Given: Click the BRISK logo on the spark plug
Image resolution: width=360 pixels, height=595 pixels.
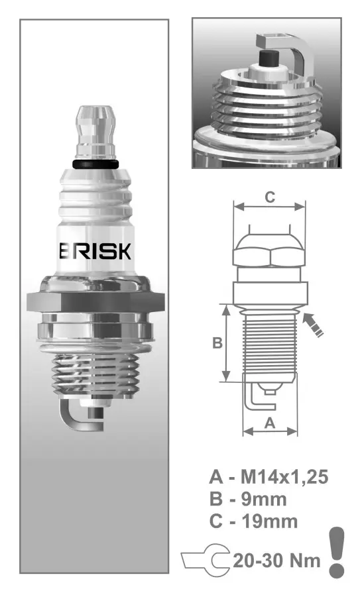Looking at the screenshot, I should (96, 252).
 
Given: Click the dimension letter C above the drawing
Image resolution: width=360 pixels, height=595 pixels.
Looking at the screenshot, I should (270, 196).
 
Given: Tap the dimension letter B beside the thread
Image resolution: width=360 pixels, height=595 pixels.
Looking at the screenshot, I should (216, 343).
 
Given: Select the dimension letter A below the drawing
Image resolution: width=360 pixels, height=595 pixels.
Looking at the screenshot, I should (270, 423).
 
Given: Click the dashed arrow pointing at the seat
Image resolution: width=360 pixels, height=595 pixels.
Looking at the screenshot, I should (314, 325).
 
